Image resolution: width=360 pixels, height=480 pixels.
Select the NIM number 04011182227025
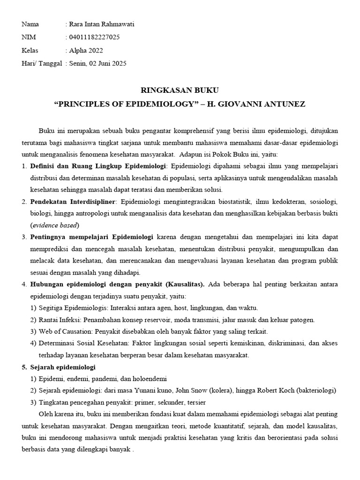94,37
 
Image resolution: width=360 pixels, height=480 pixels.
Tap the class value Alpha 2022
86,50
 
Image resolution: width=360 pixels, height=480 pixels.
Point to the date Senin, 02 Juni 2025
98,63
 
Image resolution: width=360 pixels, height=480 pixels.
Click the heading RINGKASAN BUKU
180,90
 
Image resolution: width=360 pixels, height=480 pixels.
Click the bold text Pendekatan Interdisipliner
73,202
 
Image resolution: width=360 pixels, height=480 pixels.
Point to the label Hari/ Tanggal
42,63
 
